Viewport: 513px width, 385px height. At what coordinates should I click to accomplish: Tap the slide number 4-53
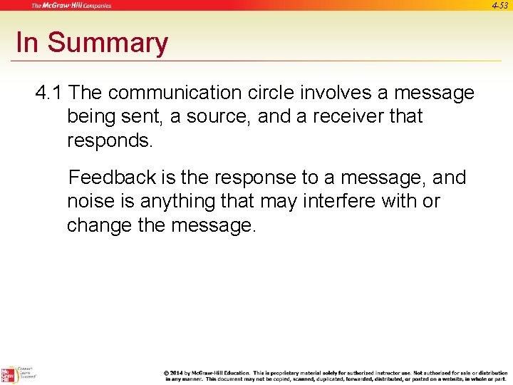[501, 5]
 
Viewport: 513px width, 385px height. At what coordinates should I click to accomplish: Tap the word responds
[110, 140]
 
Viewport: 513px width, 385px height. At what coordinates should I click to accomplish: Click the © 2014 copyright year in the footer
[176, 373]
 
